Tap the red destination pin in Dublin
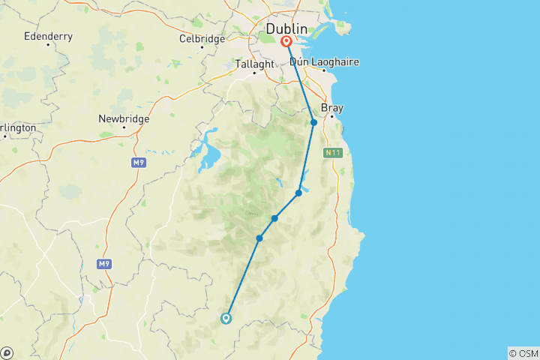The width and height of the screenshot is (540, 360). pyautogui.click(x=286, y=42)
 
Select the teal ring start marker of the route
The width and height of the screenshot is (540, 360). pyautogui.click(x=226, y=318)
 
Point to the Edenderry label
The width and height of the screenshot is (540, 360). pyautogui.click(x=47, y=35)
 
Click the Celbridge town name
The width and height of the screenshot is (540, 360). pyautogui.click(x=202, y=38)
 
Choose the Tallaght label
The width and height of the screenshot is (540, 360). pyautogui.click(x=255, y=64)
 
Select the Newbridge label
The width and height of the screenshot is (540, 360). pyautogui.click(x=124, y=118)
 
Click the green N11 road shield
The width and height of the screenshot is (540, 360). pyautogui.click(x=332, y=153)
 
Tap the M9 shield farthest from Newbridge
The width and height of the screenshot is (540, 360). pyautogui.click(x=104, y=264)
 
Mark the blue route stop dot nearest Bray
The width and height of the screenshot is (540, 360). pyautogui.click(x=313, y=122)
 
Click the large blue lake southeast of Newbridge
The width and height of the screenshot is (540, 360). pyautogui.click(x=206, y=154)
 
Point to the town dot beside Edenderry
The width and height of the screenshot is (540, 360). pyautogui.click(x=48, y=45)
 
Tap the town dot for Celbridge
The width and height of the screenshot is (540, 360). pyautogui.click(x=202, y=48)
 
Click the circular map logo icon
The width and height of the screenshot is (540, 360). pyautogui.click(x=7, y=352)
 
